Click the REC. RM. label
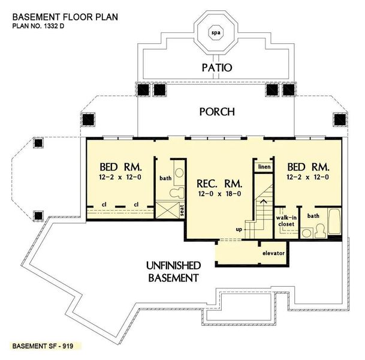216,182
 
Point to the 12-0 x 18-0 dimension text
216,194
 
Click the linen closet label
263,166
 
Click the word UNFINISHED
173,265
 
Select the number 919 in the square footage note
73,347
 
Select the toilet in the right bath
319,229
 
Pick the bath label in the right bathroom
313,215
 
